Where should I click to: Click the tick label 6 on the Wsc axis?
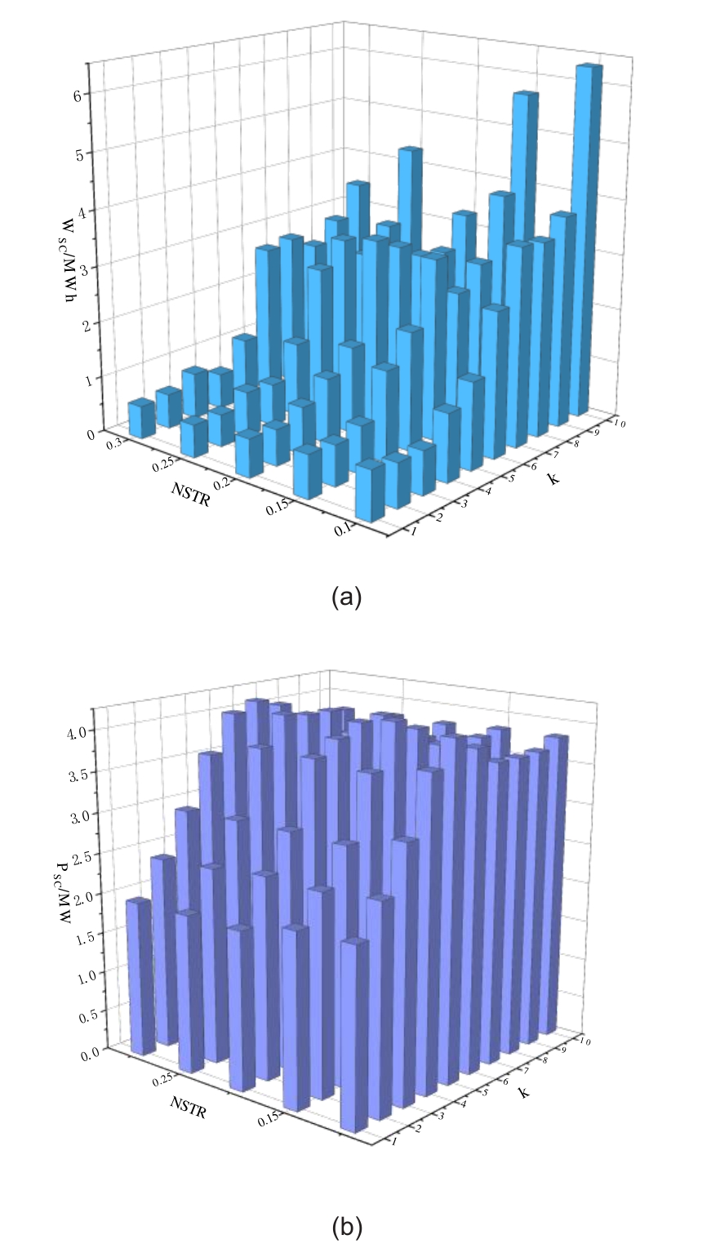pyautogui.click(x=78, y=95)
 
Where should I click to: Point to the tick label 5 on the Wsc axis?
pyautogui.click(x=80, y=153)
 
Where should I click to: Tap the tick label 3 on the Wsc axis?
pyautogui.click(x=82, y=266)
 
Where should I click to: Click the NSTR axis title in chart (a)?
pyautogui.click(x=190, y=494)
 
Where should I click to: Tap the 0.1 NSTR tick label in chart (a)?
pyautogui.click(x=343, y=528)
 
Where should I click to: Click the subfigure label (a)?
pyautogui.click(x=346, y=597)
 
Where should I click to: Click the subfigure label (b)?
pyautogui.click(x=346, y=1227)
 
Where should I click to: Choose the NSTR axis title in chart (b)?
pyautogui.click(x=189, y=1107)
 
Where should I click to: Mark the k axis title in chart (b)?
pyautogui.click(x=523, y=1090)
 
